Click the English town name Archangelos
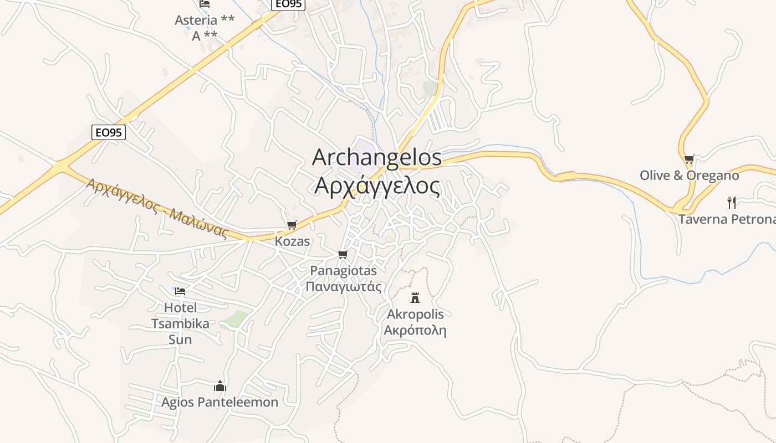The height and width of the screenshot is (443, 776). (377, 158)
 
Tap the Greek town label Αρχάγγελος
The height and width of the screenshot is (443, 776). (377, 186)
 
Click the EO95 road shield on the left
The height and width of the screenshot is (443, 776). (109, 132)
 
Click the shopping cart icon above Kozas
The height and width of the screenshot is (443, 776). (292, 225)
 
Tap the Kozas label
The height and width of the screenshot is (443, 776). (292, 241)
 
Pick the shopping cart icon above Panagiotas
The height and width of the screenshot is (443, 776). (343, 254)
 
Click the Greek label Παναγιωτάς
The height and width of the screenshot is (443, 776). (344, 286)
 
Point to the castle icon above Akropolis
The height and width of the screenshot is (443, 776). (415, 298)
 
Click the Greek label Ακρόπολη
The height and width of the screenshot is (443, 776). (415, 331)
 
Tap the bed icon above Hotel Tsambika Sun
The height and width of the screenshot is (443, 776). (180, 291)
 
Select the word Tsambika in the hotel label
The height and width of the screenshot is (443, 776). (180, 323)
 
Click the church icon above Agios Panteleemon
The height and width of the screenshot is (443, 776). (220, 385)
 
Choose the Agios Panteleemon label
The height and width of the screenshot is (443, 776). (220, 402)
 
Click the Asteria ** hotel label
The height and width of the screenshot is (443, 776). (205, 20)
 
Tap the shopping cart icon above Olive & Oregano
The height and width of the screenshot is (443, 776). (689, 159)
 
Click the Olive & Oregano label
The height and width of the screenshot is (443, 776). (689, 176)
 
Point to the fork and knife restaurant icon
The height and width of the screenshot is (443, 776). (732, 202)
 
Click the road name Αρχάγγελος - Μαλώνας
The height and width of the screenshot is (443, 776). (157, 208)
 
